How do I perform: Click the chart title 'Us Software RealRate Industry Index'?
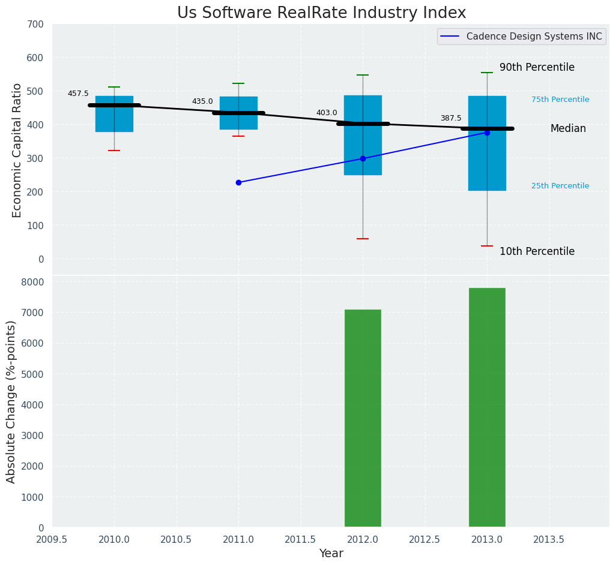point(321,13)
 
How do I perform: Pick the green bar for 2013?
point(487,407)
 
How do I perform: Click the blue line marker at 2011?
point(238,182)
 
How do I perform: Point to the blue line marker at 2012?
point(363,158)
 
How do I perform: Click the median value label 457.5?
point(78,94)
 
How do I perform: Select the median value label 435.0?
point(202,101)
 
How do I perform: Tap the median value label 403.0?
point(327,113)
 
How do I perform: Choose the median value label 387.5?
point(451,118)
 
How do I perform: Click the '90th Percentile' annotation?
point(537,68)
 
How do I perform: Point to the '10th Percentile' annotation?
point(537,252)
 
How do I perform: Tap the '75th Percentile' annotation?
point(560,100)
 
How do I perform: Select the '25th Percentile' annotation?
point(560,186)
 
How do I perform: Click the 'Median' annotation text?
point(568,129)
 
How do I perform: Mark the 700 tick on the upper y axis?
point(35,24)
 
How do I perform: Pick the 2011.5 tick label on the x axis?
point(300,540)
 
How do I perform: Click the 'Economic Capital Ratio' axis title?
point(17,150)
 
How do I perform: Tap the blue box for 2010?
point(114,114)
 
